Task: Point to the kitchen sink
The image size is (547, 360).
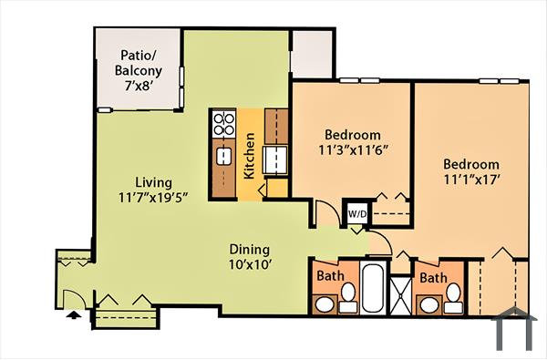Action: [x=223, y=156]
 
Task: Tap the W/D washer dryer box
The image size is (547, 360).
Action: [x=356, y=214]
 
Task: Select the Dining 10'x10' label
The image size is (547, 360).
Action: [x=249, y=257]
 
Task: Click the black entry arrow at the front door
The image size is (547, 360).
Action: [x=74, y=315]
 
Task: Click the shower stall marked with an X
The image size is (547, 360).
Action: [x=401, y=293]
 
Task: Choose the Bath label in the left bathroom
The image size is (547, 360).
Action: [x=330, y=276]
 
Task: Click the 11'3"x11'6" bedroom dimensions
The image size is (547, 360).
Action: [x=355, y=150]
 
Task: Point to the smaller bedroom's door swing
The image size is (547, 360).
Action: [x=324, y=212]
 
